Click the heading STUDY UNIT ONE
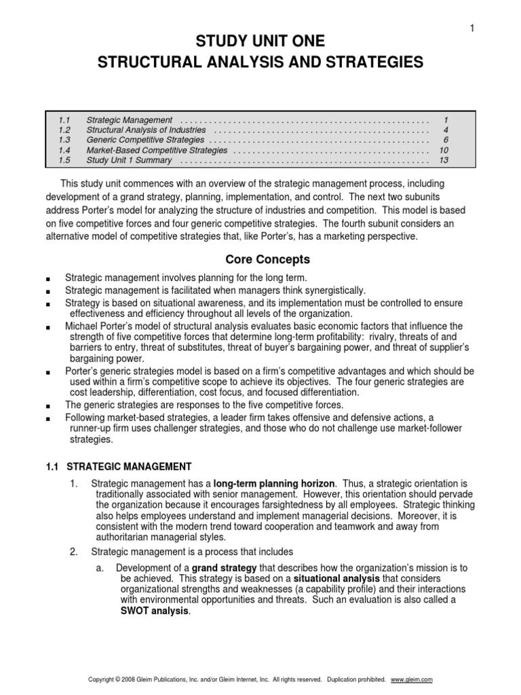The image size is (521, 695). coord(260,42)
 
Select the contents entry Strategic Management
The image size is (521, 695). coord(130,119)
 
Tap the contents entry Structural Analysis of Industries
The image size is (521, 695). coord(147,130)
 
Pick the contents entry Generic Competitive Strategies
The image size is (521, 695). coord(145,140)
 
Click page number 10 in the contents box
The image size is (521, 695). coord(444,150)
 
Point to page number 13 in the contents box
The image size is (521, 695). coord(444,160)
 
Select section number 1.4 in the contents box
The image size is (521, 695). coord(64,150)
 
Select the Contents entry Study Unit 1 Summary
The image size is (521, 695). coord(129,160)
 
